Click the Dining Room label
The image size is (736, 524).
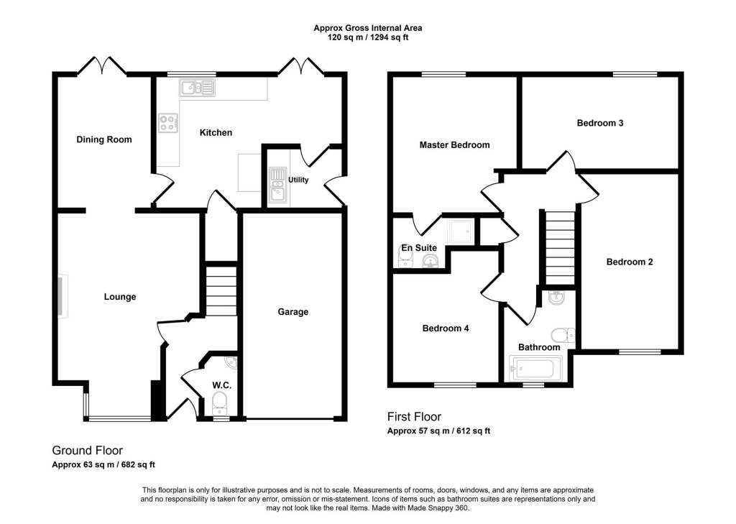click(x=104, y=139)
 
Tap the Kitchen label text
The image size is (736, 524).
click(x=216, y=132)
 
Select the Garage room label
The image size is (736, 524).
click(x=293, y=312)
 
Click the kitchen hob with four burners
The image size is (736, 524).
click(x=168, y=124)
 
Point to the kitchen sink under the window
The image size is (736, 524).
click(x=198, y=88)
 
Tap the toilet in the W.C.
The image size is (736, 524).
click(x=221, y=400)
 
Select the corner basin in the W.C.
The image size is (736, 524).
click(x=230, y=362)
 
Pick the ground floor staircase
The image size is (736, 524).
click(x=221, y=290)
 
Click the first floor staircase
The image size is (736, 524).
click(x=559, y=247)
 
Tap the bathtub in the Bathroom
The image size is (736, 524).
click(x=532, y=369)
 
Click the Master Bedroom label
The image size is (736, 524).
click(x=454, y=145)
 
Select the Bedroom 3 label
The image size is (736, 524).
click(x=599, y=123)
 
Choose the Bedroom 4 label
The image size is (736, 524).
click(x=445, y=328)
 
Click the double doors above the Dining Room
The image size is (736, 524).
click(x=102, y=67)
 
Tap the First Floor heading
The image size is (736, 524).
click(x=414, y=417)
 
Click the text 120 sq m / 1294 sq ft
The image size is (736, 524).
click(x=367, y=37)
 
